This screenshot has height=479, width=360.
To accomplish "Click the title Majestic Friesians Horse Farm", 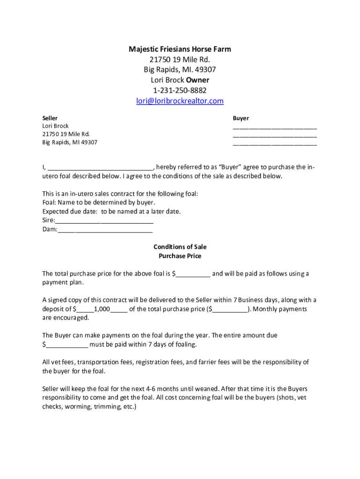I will tap(180, 49).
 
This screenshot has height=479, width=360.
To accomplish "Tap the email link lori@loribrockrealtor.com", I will tap(180, 101).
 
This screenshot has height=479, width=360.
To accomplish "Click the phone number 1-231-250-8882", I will tap(180, 90).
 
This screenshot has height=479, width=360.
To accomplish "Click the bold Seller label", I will tap(50, 118).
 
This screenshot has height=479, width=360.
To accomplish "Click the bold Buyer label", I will tap(241, 118).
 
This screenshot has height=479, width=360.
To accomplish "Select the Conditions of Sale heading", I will tap(180, 247).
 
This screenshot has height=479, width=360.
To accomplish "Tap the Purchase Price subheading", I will tap(180, 256).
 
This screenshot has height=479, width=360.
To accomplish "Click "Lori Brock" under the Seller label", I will tap(56, 126).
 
